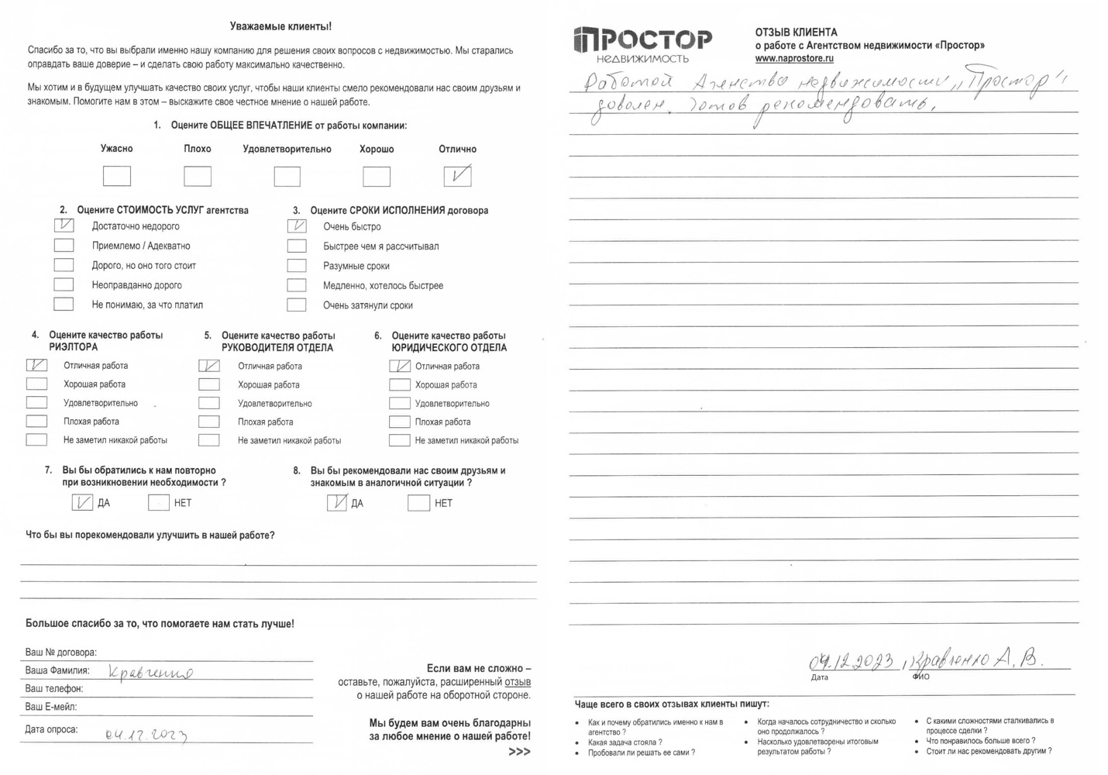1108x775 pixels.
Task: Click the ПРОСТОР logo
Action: point(642,43)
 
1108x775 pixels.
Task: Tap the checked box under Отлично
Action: point(457,176)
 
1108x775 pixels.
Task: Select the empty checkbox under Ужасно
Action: point(117,176)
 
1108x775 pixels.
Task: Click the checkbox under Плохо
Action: point(198,176)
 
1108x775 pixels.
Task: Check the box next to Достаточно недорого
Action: point(64,226)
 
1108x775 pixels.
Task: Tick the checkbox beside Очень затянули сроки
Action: point(297,305)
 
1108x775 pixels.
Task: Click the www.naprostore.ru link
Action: point(794,58)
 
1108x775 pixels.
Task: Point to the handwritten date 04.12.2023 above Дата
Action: point(851,662)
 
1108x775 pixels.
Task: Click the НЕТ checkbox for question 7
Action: point(158,503)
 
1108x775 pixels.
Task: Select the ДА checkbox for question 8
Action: point(337,503)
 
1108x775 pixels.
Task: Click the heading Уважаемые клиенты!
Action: point(280,26)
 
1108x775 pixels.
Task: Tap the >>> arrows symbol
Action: point(519,752)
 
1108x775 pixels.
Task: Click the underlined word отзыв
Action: point(518,682)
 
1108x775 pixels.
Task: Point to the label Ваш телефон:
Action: point(53,688)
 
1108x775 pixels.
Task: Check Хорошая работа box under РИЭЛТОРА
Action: point(36,384)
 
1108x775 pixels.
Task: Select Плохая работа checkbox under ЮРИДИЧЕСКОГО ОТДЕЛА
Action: point(400,422)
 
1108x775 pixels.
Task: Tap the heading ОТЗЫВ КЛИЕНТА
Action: point(796,33)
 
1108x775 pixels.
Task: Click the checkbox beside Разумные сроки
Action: point(297,265)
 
